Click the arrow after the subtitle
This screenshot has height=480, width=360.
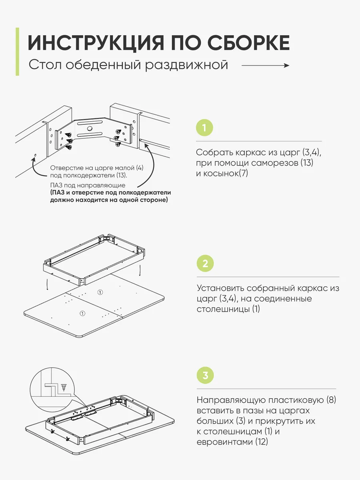(x=265, y=65)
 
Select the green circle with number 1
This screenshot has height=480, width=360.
(x=204, y=128)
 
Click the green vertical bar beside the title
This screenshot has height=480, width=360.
(x=17, y=52)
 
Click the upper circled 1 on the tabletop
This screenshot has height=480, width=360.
(x=100, y=292)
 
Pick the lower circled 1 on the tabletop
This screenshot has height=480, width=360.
(x=82, y=313)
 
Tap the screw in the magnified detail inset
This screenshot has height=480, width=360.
(x=64, y=387)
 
